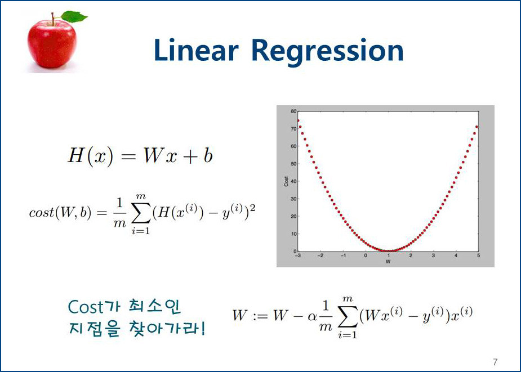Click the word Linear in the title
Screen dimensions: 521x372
tap(196, 50)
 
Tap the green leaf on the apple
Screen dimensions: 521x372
tap(74, 16)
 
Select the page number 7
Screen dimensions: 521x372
tap(496, 362)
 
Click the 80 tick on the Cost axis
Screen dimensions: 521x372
tap(293, 111)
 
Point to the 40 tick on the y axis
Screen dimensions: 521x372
tap(293, 181)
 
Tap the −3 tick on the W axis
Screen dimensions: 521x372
tap(298, 256)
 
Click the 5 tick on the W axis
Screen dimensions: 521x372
tap(478, 256)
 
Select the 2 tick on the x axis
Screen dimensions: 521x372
tap(411, 256)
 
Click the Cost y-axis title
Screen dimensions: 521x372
tap(286, 181)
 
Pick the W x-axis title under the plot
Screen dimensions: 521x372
tap(388, 262)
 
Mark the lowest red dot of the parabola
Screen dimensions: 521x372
tap(389, 251)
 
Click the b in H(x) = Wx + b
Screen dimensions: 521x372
tap(208, 155)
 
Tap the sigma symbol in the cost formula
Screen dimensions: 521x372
tap(141, 213)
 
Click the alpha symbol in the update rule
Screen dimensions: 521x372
tap(312, 316)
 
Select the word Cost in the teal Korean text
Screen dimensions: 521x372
tap(86, 307)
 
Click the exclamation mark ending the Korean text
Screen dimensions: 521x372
tap(203, 328)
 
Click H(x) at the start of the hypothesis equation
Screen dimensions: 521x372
tap(90, 155)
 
